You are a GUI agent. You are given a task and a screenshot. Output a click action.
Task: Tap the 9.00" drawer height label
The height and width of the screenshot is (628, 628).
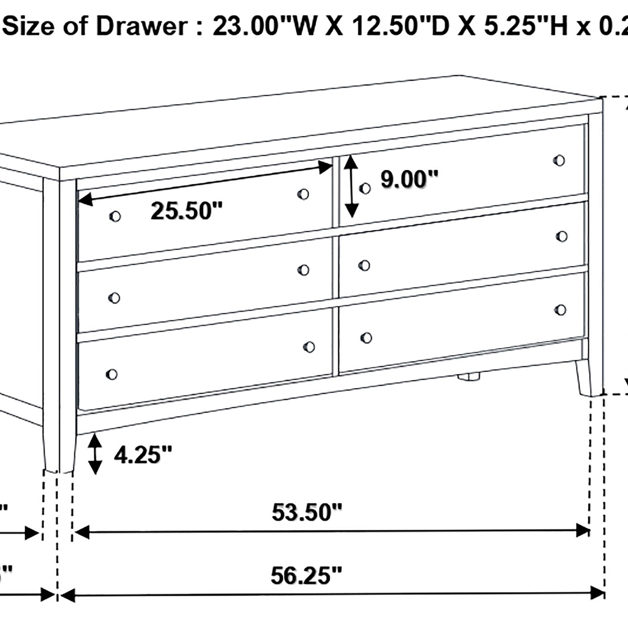pyautogui.click(x=409, y=179)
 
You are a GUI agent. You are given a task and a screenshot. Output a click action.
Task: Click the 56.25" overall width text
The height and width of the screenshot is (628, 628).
pyautogui.click(x=306, y=575)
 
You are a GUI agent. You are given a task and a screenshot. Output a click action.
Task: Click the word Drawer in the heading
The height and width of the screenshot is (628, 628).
pyautogui.click(x=141, y=27)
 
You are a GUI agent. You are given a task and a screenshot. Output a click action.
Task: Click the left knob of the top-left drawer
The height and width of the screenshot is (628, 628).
pyautogui.click(x=115, y=216)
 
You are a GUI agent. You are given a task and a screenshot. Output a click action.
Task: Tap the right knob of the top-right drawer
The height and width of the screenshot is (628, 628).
pyautogui.click(x=559, y=160)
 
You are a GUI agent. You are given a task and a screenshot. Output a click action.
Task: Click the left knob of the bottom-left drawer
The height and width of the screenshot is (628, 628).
pyautogui.click(x=112, y=375)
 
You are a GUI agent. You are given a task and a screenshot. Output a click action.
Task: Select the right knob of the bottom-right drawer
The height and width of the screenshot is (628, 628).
pyautogui.click(x=560, y=310)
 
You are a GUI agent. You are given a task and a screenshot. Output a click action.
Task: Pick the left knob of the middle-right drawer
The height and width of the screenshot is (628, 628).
pyautogui.click(x=364, y=266)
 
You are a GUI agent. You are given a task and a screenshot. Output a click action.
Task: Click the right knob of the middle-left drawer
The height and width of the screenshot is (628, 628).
pyautogui.click(x=303, y=270)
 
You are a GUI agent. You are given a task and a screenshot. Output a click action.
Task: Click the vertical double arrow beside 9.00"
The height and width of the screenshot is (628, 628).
pyautogui.click(x=351, y=186)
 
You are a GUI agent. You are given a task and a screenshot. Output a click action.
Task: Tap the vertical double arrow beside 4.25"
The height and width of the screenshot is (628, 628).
pyautogui.click(x=95, y=454)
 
